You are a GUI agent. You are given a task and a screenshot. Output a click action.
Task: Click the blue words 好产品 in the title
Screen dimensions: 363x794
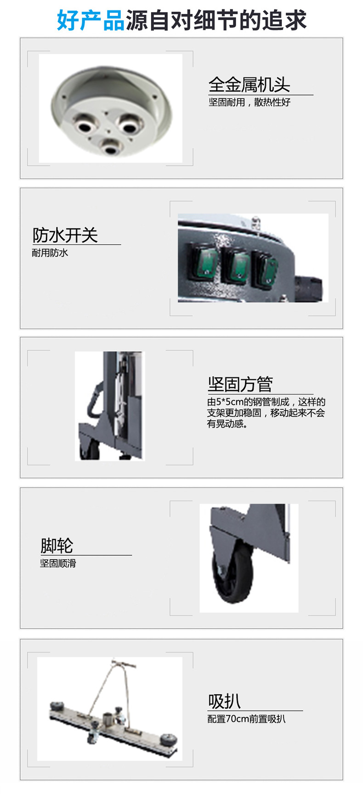[x=91, y=20]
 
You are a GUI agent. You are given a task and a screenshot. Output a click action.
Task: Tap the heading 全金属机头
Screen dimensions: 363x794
[x=249, y=84]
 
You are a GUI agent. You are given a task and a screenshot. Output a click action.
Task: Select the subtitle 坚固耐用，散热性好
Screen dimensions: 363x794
[x=250, y=102]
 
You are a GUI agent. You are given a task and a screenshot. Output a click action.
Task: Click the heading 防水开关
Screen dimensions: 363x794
[x=65, y=235]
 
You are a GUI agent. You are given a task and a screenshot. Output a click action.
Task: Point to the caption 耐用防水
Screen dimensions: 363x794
[x=50, y=253]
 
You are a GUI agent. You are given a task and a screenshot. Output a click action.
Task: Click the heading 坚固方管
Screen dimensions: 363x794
[x=240, y=384]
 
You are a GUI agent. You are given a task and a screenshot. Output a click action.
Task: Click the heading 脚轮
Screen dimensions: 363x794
[x=57, y=546]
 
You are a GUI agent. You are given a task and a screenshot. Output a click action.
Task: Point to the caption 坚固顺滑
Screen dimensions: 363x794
[x=58, y=563]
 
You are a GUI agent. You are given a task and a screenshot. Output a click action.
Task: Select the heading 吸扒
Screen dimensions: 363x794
[x=224, y=701]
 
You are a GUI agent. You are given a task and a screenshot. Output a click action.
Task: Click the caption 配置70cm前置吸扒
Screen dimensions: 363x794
[x=246, y=719]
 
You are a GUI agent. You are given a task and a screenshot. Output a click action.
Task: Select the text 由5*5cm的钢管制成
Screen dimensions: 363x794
[x=248, y=402]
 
